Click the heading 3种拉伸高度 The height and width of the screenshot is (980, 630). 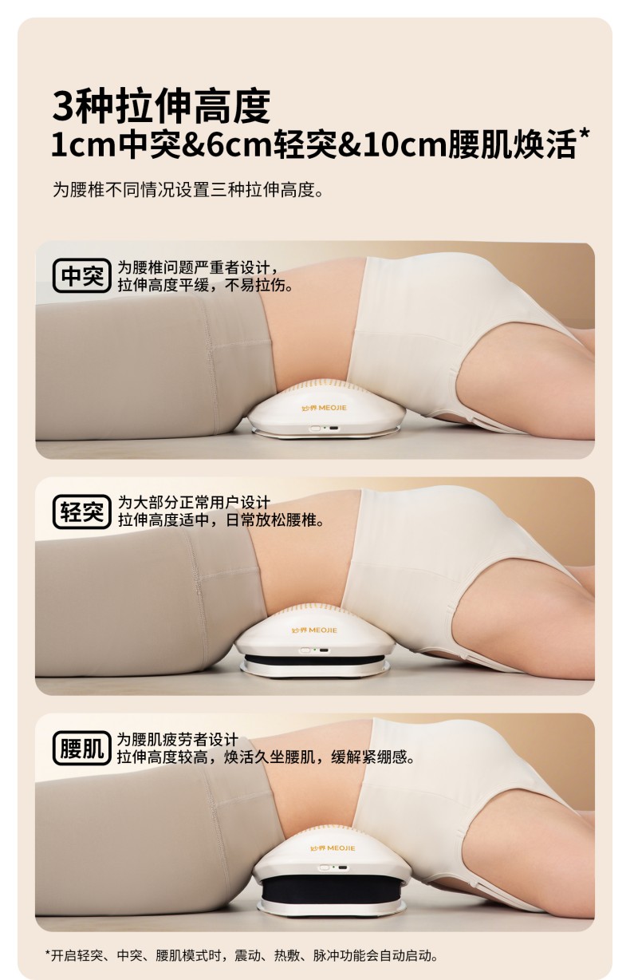(x=161, y=105)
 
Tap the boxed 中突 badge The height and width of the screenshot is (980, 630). (x=82, y=275)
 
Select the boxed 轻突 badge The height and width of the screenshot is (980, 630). (x=82, y=512)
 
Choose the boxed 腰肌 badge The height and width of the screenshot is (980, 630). (x=82, y=748)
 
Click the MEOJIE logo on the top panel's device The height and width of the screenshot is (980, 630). (x=324, y=408)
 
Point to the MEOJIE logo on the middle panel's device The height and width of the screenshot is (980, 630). (x=314, y=630)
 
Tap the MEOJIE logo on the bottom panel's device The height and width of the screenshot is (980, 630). (x=333, y=848)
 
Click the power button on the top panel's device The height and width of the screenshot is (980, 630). (x=315, y=429)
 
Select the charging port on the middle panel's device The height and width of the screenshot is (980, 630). (x=324, y=650)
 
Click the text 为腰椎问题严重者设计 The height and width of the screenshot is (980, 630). (x=198, y=267)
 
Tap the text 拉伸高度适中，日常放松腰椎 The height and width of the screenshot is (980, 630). (x=221, y=520)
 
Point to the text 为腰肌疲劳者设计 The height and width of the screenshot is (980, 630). (x=178, y=739)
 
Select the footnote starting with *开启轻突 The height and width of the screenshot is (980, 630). (x=242, y=956)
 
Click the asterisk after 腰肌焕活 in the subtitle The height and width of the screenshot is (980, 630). (x=584, y=134)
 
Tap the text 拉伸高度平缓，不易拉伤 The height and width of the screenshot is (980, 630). (x=205, y=285)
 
